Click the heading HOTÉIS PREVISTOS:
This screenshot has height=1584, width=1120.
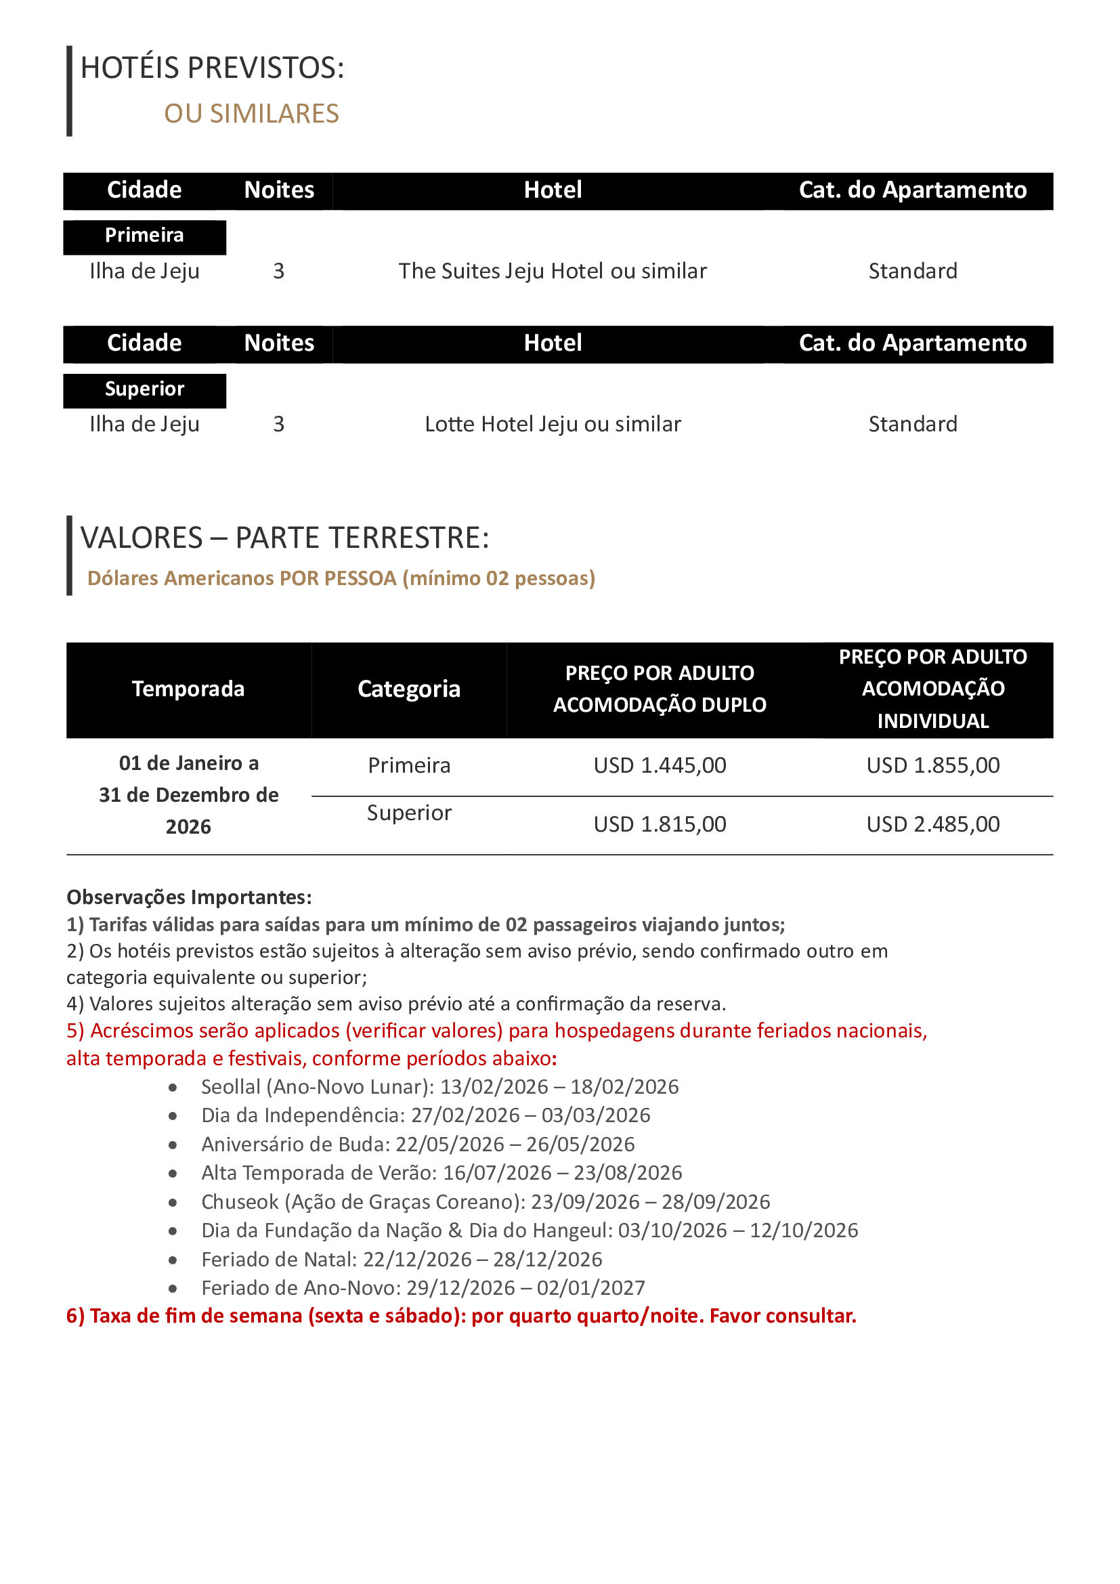[212, 68]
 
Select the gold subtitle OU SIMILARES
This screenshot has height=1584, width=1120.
[251, 114]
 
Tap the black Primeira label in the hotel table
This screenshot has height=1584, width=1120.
[144, 236]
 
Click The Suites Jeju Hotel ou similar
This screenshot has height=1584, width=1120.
[553, 271]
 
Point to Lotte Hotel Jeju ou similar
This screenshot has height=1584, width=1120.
[553, 425]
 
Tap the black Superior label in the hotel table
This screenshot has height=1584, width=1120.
[144, 389]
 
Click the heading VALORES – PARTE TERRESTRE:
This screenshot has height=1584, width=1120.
[284, 538]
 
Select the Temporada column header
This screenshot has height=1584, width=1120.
[188, 689]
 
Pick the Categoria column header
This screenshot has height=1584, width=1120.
[409, 689]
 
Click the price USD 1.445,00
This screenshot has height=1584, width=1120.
[660, 766]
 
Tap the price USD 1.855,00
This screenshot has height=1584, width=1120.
[932, 766]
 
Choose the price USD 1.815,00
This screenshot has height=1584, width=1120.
[660, 824]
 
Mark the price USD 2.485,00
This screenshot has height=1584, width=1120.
[932, 824]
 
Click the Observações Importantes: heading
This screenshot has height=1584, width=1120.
[189, 897]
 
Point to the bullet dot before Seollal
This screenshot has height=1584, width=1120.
[173, 1088]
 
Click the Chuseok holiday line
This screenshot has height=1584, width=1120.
[486, 1202]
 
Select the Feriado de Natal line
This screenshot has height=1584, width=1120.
[402, 1260]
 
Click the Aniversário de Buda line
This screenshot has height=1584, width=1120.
[418, 1144]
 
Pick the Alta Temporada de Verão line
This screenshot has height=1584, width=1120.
[441, 1173]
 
